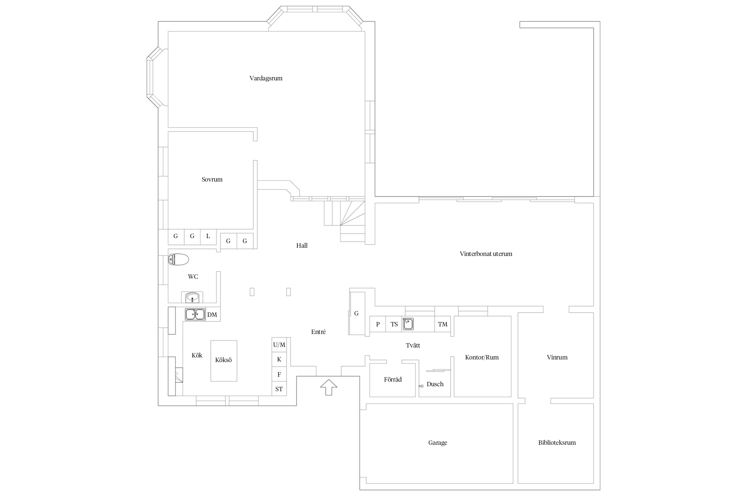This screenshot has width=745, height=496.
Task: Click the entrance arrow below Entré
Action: (x=328, y=387)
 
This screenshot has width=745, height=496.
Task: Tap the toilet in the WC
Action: (x=178, y=260)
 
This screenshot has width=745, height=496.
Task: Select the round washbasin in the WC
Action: (x=192, y=297)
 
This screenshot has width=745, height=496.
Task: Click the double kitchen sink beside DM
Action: (x=195, y=314)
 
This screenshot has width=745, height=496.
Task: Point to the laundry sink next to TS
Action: (x=408, y=324)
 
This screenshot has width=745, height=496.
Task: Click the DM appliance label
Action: (x=212, y=315)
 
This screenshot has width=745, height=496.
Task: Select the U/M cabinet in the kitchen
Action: (x=279, y=345)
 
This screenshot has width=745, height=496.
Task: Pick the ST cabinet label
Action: (x=279, y=389)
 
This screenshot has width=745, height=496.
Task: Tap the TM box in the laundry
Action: (x=443, y=324)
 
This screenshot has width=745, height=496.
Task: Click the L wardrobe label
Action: (x=208, y=236)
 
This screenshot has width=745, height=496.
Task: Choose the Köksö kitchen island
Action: (x=224, y=361)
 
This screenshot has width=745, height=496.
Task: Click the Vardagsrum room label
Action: (x=266, y=78)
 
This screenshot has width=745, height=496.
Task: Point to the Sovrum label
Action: (x=212, y=180)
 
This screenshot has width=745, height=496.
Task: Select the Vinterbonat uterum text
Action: (x=486, y=254)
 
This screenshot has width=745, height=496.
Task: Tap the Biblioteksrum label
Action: (x=557, y=443)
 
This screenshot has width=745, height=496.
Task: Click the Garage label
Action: (x=438, y=443)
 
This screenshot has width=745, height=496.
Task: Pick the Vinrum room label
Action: (x=557, y=357)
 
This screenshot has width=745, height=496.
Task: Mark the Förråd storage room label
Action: (x=393, y=380)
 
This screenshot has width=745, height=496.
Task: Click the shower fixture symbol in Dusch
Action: (x=421, y=386)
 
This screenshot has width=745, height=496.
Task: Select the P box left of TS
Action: (x=378, y=324)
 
